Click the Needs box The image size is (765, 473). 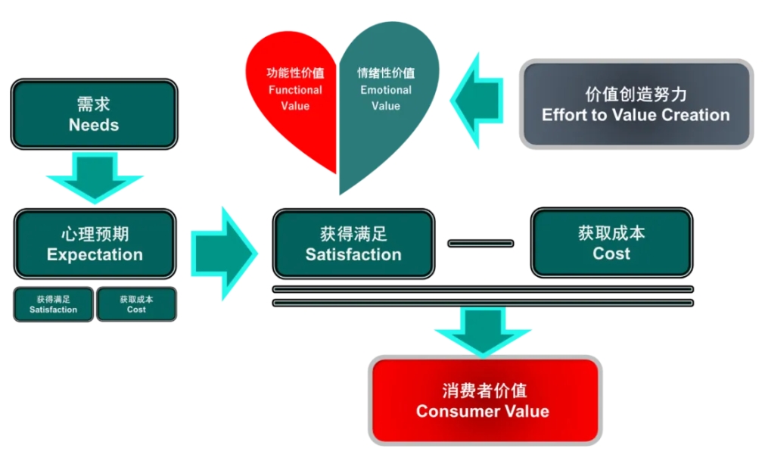click(x=94, y=114)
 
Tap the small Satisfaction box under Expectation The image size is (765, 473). click(x=53, y=303)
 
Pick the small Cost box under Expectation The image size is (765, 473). click(x=136, y=303)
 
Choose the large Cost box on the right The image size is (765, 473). click(x=611, y=243)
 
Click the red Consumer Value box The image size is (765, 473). click(x=484, y=400)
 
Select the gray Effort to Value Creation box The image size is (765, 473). click(x=636, y=104)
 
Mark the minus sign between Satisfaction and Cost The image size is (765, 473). click(x=480, y=244)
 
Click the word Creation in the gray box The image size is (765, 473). click(x=695, y=115)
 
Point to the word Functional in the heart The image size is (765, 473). click(x=295, y=90)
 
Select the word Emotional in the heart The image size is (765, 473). click(x=386, y=90)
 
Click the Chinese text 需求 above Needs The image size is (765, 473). click(x=94, y=104)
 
